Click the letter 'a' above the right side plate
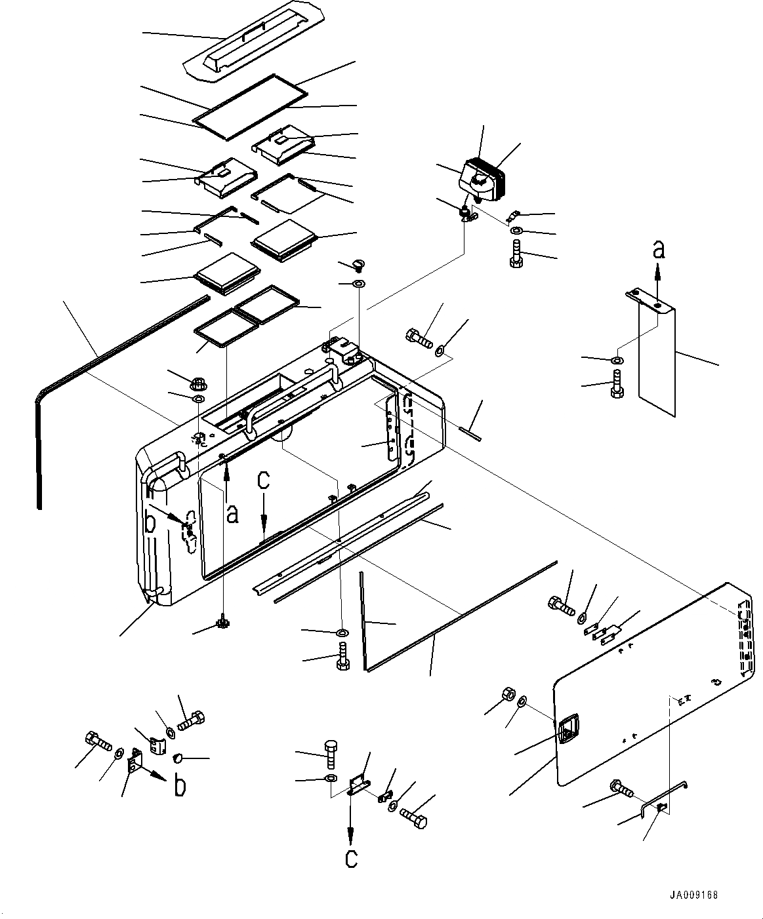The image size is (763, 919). click(x=659, y=250)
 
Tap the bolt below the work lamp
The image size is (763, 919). click(x=515, y=254)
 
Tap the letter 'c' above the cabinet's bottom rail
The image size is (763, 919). click(x=263, y=481)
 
